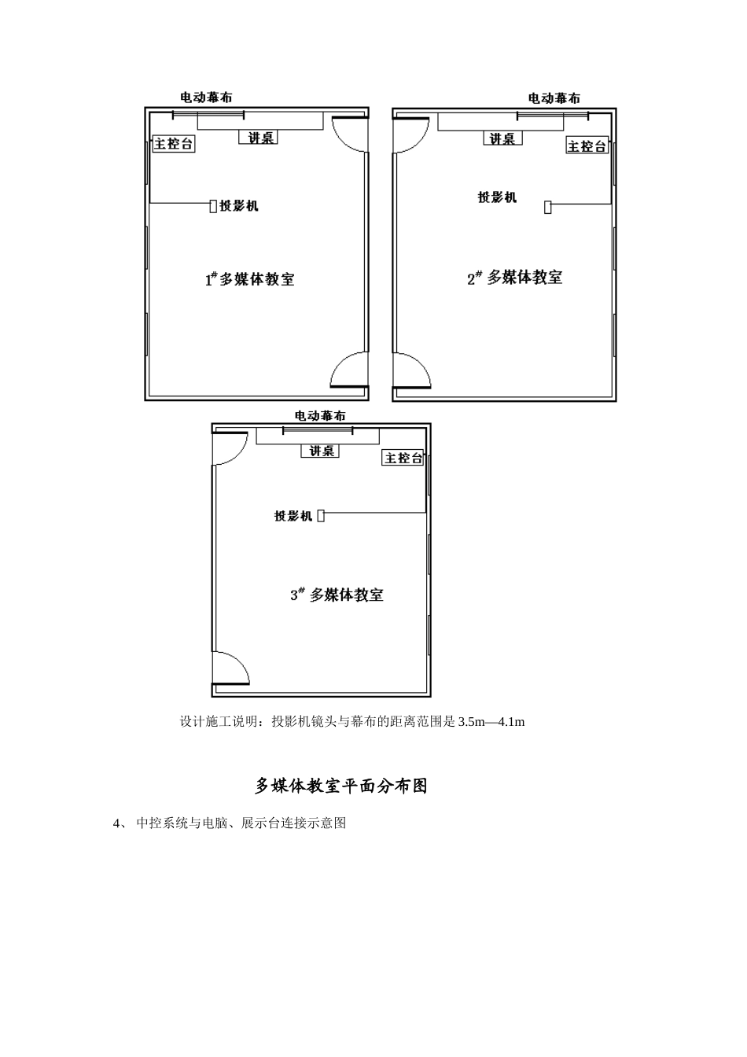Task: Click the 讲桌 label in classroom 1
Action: click(x=259, y=138)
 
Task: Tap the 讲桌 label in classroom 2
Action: click(x=502, y=139)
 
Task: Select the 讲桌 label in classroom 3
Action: click(x=320, y=451)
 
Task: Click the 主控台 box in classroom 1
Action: click(x=173, y=144)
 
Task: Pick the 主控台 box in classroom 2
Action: click(x=587, y=146)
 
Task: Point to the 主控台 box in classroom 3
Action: click(x=403, y=458)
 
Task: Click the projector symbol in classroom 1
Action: click(x=213, y=206)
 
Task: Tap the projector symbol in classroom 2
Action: click(x=548, y=207)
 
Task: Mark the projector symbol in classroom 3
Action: click(x=321, y=516)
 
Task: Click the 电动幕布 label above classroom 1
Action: click(x=206, y=98)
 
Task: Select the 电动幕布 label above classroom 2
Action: click(x=554, y=98)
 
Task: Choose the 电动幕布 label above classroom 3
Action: click(x=320, y=415)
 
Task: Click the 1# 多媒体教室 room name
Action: click(x=250, y=279)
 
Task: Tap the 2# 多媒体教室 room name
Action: click(x=515, y=278)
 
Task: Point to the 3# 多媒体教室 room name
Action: click(x=337, y=595)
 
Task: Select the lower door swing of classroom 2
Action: click(x=412, y=370)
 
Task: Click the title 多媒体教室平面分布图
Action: click(x=341, y=786)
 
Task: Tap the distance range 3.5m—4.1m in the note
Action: click(x=491, y=721)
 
